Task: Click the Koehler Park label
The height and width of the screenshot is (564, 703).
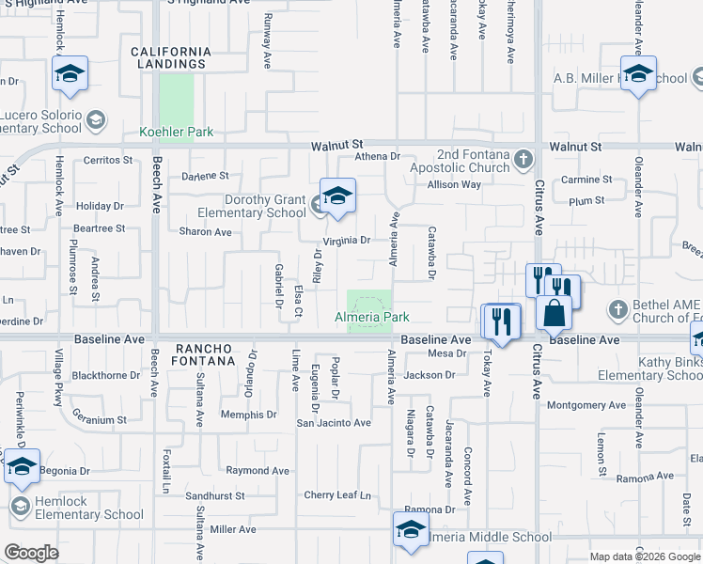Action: [x=177, y=133]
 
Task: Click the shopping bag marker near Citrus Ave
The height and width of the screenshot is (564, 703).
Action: [x=555, y=311]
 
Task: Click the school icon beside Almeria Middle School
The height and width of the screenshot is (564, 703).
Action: [x=411, y=531]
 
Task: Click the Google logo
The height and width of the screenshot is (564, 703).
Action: [x=31, y=553]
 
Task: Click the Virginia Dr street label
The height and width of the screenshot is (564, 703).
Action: [x=348, y=241]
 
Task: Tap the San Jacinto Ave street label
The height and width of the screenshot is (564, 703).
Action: [x=334, y=423]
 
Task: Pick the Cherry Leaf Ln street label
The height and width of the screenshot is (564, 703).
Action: [x=337, y=495]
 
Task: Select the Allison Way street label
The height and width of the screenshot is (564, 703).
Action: [x=454, y=185]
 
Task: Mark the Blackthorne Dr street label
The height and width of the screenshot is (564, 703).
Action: [x=106, y=374]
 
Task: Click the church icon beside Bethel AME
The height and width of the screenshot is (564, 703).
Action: [x=617, y=308]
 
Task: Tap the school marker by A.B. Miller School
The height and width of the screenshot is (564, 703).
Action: [x=638, y=74]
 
